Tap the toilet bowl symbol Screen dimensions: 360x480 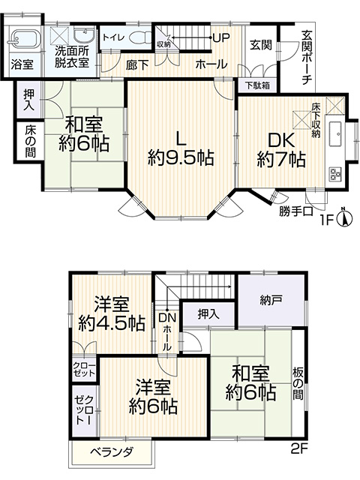tap(140, 37)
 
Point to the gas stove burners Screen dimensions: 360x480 tap(336, 174)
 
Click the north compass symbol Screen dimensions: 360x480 tap(343, 217)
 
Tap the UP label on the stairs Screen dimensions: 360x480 tap(220, 37)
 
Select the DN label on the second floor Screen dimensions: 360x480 tap(167, 318)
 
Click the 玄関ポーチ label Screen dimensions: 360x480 tap(307, 58)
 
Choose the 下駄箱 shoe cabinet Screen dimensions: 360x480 tap(258, 85)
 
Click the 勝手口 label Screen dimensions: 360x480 tap(295, 211)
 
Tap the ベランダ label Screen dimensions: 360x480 tap(112, 451)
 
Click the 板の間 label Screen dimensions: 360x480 tap(298, 383)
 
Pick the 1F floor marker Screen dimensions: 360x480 tap(326, 220)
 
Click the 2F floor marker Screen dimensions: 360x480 tap(298, 448)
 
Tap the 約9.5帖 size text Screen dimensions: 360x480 tap(181, 158)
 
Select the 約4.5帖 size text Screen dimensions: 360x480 tap(112, 322)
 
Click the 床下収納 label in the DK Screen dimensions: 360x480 tap(316, 120)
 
